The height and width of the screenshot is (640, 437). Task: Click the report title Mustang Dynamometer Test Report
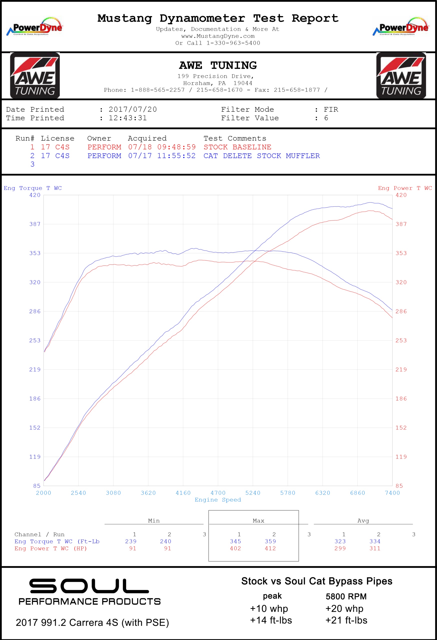[x=218, y=18]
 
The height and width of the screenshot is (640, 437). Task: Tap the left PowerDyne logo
[x=34, y=26]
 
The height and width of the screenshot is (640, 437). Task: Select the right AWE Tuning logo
[x=401, y=75]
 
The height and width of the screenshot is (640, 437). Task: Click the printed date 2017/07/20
[x=133, y=109]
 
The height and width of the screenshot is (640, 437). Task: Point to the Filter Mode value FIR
[x=331, y=109]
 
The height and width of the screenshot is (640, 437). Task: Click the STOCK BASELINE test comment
[x=237, y=147]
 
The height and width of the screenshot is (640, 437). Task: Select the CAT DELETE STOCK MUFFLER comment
[x=261, y=156]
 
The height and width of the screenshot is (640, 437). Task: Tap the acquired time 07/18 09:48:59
[x=162, y=147]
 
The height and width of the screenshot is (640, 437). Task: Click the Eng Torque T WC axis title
[x=33, y=188]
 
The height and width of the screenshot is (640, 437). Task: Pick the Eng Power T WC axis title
[x=405, y=188]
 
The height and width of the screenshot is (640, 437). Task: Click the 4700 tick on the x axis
[x=218, y=493]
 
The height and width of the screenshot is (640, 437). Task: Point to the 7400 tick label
[x=392, y=493]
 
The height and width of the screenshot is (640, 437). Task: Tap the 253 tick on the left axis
[x=35, y=340]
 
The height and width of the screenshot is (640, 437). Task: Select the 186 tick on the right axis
[x=401, y=398]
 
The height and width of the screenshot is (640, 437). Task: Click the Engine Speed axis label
[x=218, y=500]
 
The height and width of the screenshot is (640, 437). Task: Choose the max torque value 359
[x=270, y=541]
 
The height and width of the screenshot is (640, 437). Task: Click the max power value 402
[x=235, y=548]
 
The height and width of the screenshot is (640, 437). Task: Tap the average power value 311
[x=375, y=548]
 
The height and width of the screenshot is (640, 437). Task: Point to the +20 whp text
[x=344, y=608]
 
